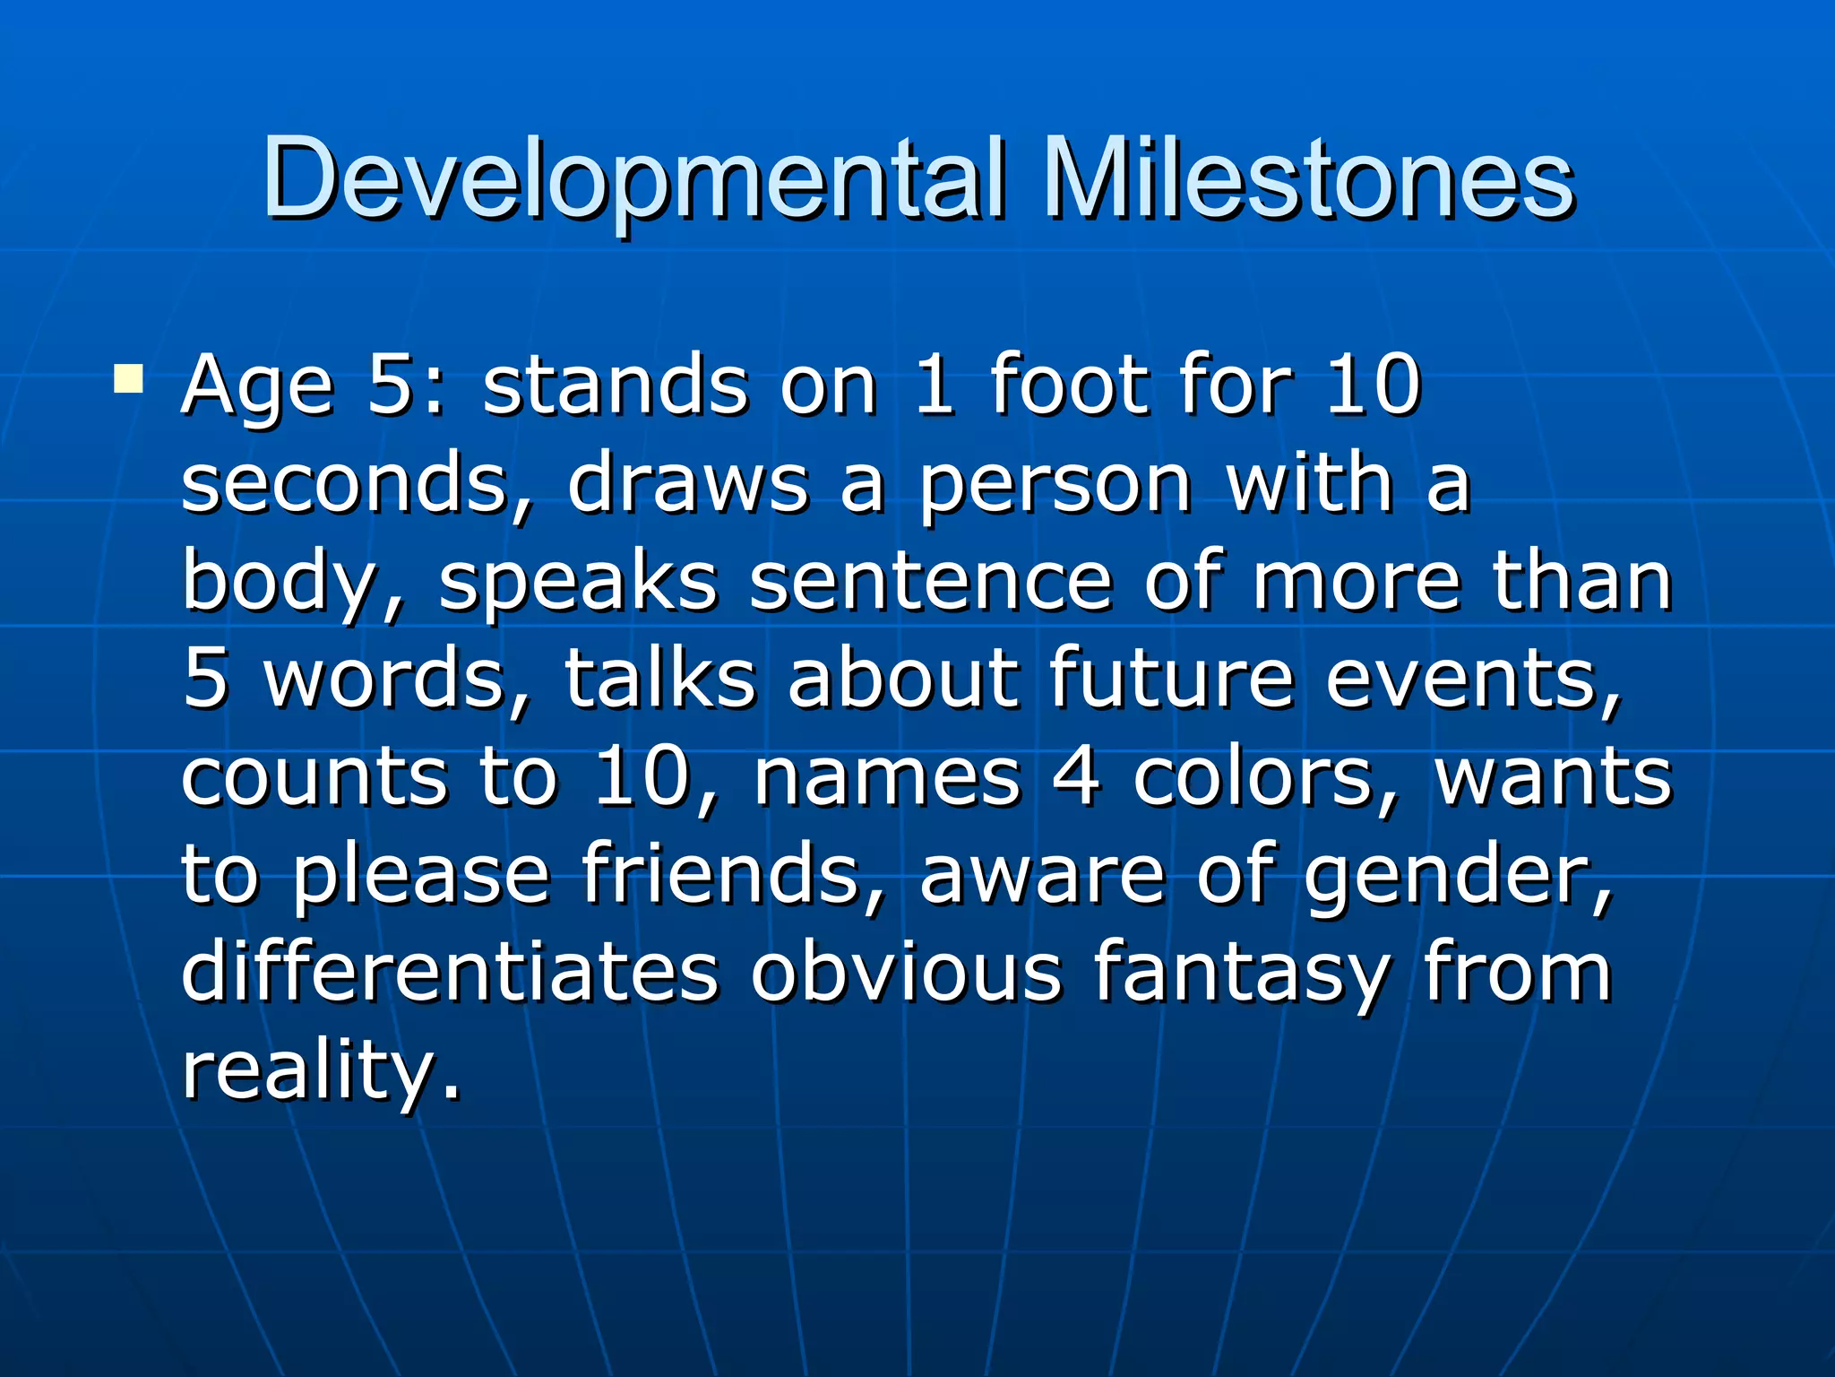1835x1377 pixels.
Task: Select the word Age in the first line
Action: [258, 387]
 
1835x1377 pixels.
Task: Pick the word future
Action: [1171, 679]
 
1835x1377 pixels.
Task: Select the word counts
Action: [314, 776]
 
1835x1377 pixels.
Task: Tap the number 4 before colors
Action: [1075, 776]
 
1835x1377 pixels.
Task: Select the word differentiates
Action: [450, 971]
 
